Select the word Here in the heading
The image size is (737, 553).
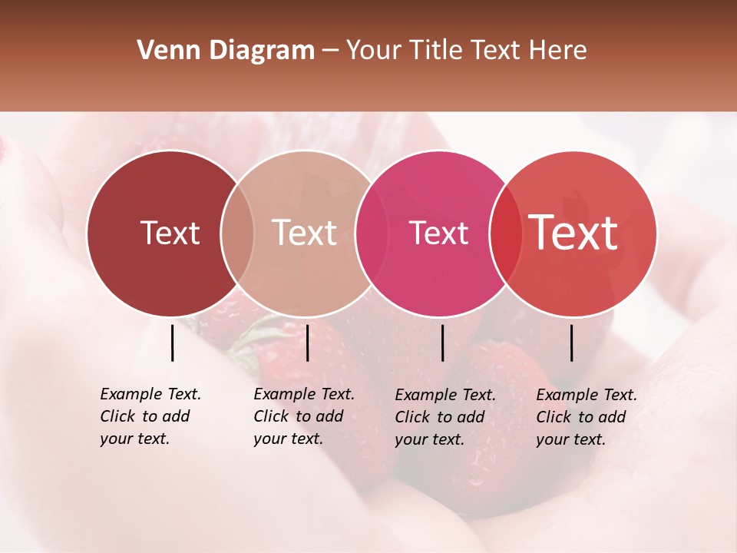click(x=558, y=51)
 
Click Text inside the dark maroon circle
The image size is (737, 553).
click(x=170, y=233)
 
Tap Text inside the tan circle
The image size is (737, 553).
click(x=305, y=233)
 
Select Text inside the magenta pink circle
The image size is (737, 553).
click(x=439, y=233)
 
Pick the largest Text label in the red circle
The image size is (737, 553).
click(x=573, y=233)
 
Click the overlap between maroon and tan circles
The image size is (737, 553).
click(x=237, y=233)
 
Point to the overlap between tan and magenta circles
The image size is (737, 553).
click(x=372, y=233)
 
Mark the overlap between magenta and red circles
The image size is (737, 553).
click(x=506, y=233)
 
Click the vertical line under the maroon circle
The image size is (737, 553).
click(x=172, y=343)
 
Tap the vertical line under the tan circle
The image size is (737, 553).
click(x=307, y=343)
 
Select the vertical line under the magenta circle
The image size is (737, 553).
click(x=442, y=343)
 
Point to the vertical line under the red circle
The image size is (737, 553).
click(x=571, y=343)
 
